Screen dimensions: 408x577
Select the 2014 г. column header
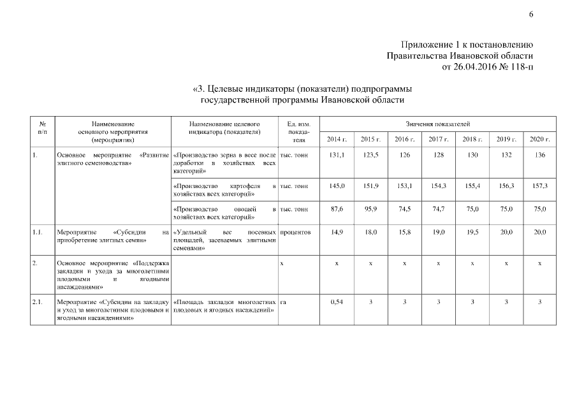pos(336,139)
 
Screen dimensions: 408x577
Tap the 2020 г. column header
pos(539,139)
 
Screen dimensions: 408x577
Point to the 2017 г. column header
pos(438,139)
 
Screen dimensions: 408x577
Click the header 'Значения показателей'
pos(437,123)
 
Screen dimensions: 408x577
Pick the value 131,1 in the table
pos(336,155)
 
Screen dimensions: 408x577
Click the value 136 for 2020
pos(539,155)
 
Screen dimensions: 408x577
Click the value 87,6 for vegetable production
pos(336,208)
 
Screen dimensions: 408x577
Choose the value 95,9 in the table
pos(370,208)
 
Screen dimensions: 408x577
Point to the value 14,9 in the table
pos(336,232)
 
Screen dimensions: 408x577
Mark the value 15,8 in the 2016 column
pos(404,232)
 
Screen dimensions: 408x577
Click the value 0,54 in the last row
pos(336,302)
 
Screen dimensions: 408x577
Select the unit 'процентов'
pos(295,232)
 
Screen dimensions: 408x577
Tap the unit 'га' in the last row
pos(284,302)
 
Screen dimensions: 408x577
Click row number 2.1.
pos(38,302)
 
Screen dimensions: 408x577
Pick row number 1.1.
pos(38,232)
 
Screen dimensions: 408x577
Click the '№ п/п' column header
pos(42,127)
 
